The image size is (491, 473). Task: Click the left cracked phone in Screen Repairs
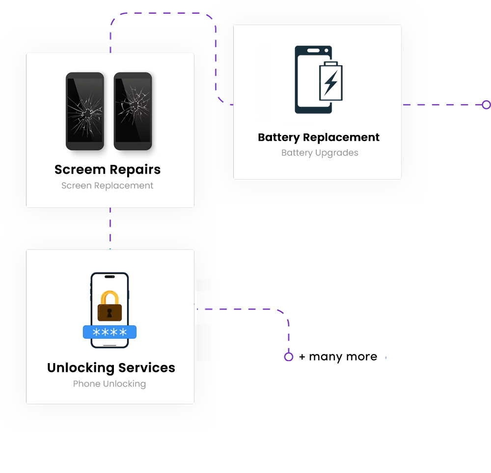(85, 111)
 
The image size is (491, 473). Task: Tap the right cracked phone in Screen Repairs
(133, 111)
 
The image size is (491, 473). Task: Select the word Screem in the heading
(80, 170)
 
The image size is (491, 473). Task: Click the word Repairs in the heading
(135, 170)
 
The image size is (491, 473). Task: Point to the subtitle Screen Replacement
(107, 186)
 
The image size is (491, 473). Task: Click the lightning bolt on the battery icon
(330, 83)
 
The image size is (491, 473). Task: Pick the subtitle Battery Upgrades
(320, 153)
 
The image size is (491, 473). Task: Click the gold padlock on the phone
(109, 307)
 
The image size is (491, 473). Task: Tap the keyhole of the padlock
(109, 313)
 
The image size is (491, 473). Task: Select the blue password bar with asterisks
(109, 332)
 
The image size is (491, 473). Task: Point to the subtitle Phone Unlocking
(109, 384)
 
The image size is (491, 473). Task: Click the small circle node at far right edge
(486, 105)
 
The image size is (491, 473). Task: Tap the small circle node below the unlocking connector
(289, 357)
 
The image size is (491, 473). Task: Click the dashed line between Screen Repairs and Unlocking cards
(110, 228)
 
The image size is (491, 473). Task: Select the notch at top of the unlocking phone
(109, 277)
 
